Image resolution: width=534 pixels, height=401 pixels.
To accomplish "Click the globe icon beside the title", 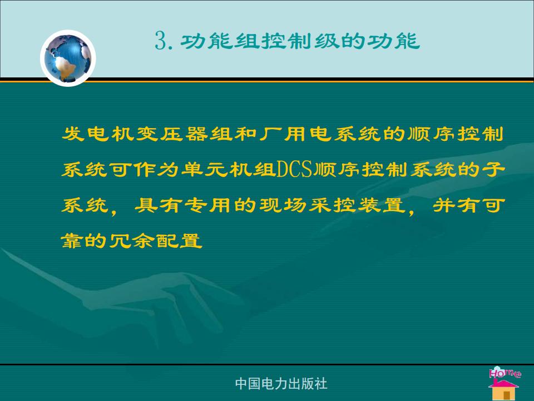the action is coord(68,58).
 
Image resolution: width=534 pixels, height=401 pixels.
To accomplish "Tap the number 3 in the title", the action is coord(161,41).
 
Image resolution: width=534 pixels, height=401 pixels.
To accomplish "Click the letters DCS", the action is coord(294,169).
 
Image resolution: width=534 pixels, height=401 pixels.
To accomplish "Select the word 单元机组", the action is coord(228,169).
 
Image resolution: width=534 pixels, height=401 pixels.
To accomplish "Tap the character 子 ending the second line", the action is coord(493,169).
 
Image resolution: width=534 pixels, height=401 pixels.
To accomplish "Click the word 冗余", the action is coord(132,241).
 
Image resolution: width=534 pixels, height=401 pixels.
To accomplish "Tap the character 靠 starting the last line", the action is coord(72,241).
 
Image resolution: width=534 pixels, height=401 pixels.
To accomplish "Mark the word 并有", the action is coord(456,206).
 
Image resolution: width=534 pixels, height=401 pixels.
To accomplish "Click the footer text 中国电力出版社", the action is coord(281,383).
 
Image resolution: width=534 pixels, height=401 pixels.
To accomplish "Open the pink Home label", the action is coord(505,373).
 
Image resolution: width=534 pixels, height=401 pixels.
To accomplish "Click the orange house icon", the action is coord(504,389).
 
